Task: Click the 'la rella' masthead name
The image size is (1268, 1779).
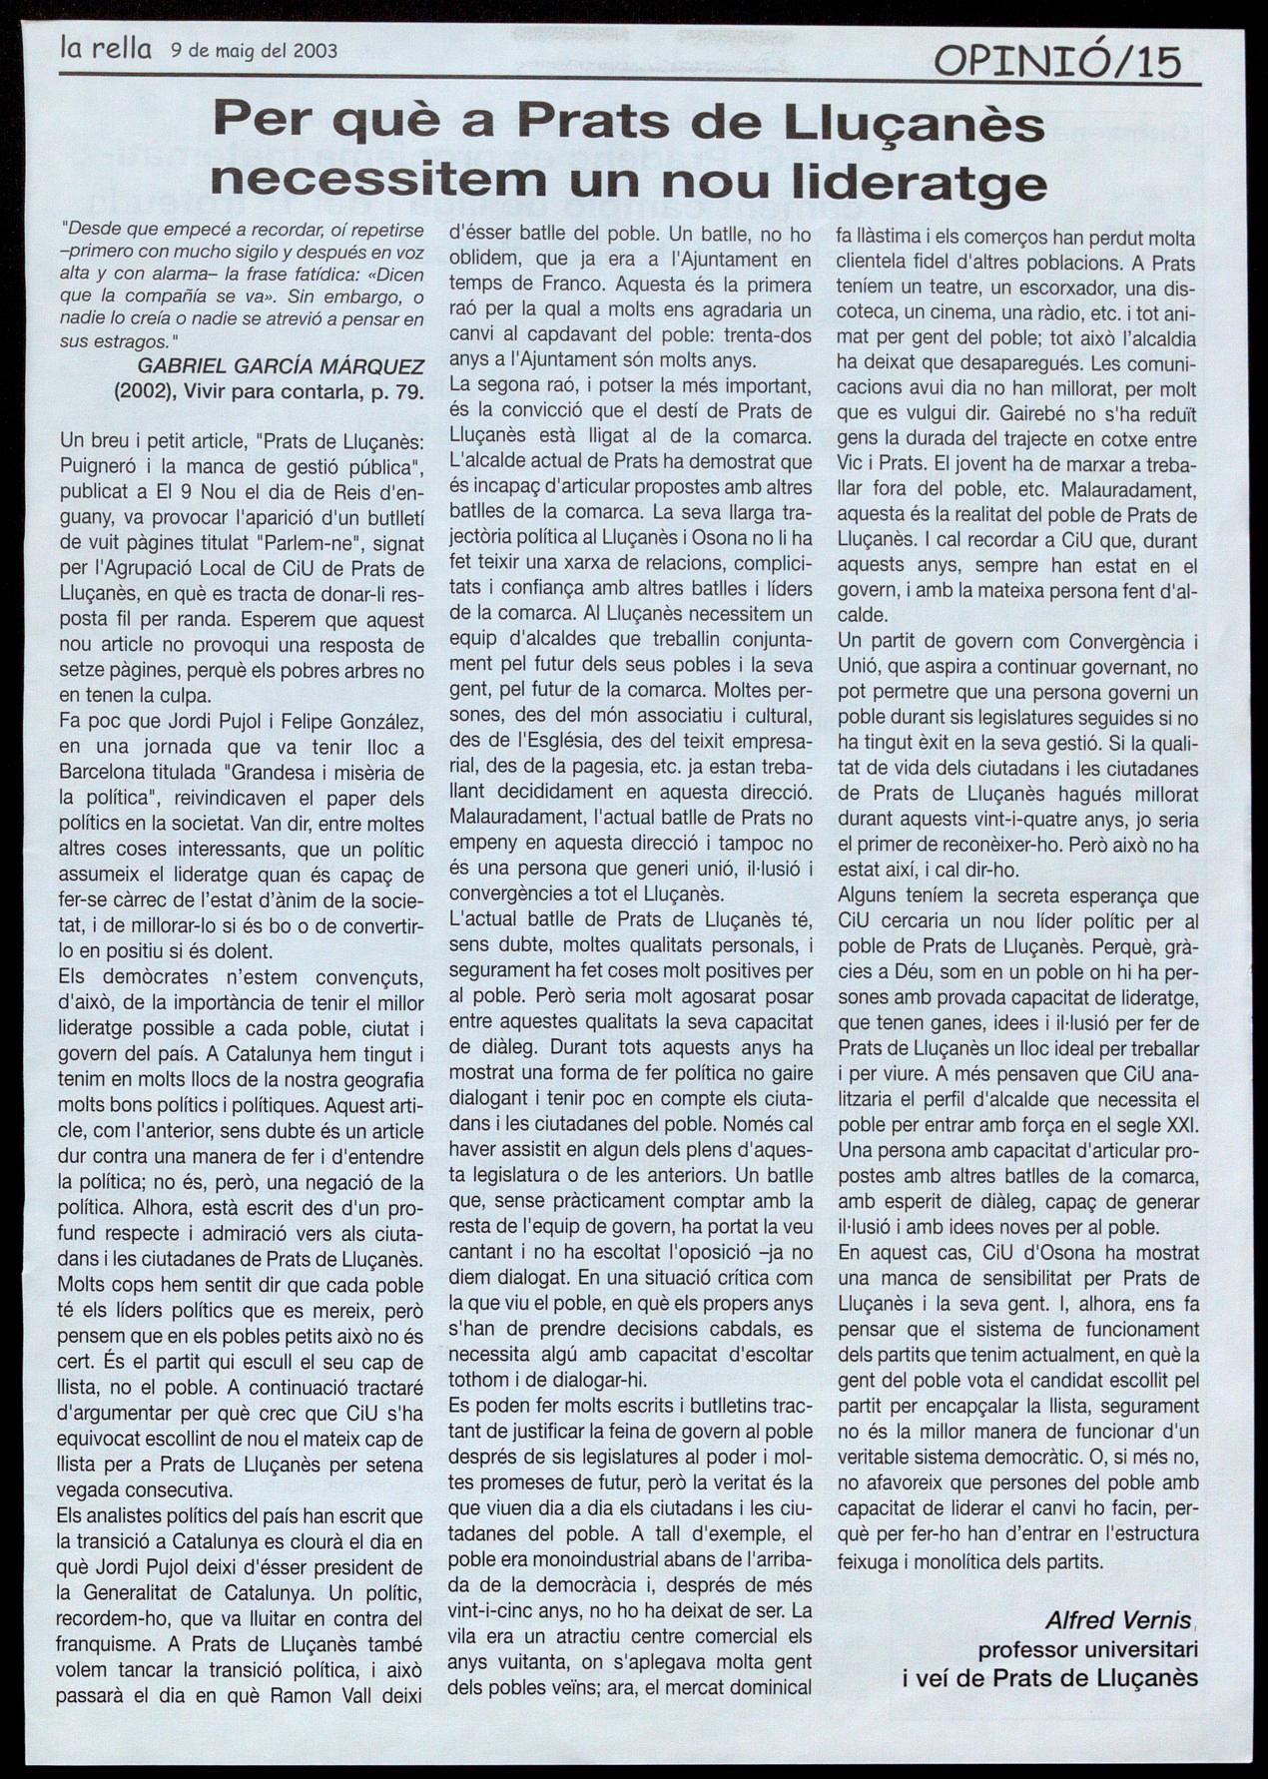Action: point(105,49)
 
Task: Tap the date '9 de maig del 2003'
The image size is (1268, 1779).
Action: point(253,50)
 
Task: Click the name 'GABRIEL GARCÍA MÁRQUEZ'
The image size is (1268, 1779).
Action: point(282,366)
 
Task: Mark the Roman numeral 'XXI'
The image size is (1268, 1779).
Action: point(1178,1125)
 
